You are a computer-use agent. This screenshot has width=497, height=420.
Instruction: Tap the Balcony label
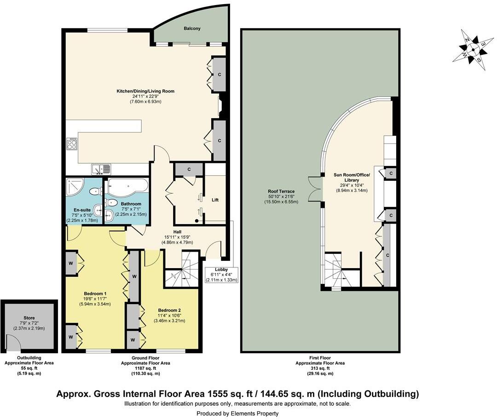[192, 29]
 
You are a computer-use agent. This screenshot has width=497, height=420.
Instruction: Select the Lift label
[215, 200]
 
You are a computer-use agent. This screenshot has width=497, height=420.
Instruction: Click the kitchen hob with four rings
[72, 144]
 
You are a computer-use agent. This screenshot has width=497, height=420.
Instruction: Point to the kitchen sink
[101, 169]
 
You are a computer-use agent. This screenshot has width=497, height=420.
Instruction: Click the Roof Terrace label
[281, 191]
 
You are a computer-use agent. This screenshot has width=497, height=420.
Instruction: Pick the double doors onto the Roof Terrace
[314, 189]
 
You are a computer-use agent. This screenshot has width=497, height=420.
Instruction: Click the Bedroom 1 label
[95, 293]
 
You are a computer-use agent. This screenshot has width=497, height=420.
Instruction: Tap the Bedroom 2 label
[169, 310]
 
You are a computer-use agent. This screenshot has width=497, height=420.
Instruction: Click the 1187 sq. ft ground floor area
[146, 368]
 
